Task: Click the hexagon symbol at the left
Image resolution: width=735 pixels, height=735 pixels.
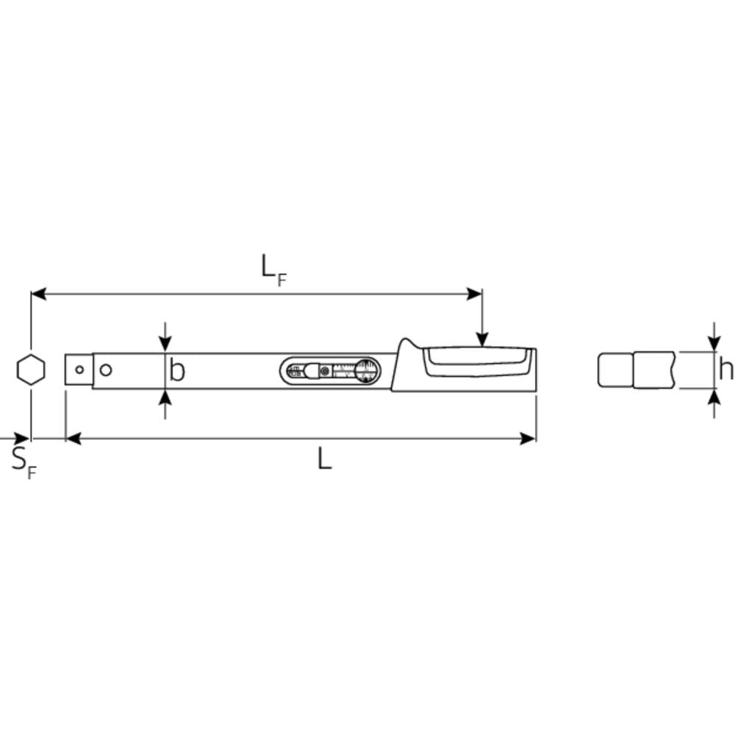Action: pos(31,370)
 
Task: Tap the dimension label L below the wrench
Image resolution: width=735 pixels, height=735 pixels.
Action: pos(324,459)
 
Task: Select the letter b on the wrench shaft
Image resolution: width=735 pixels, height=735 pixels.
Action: pos(177,370)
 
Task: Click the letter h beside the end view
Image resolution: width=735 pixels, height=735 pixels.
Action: pos(725,370)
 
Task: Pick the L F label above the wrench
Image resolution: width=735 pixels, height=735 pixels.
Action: pos(273,269)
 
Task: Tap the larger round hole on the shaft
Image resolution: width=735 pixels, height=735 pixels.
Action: pos(106,370)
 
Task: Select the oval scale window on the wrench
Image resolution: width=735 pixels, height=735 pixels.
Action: pos(331,370)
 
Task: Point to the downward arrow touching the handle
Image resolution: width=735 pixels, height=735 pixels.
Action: pos(481,338)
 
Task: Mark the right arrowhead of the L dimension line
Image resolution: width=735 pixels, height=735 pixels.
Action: pos(529,439)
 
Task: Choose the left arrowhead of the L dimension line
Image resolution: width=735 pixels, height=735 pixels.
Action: pos(73,439)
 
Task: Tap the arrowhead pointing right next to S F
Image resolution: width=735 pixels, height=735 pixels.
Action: pos(24,439)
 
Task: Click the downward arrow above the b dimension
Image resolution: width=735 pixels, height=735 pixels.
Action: pos(165,343)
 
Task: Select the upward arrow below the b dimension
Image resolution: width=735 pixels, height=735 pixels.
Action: pos(165,398)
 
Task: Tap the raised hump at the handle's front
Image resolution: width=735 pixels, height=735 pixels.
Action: pos(406,345)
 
